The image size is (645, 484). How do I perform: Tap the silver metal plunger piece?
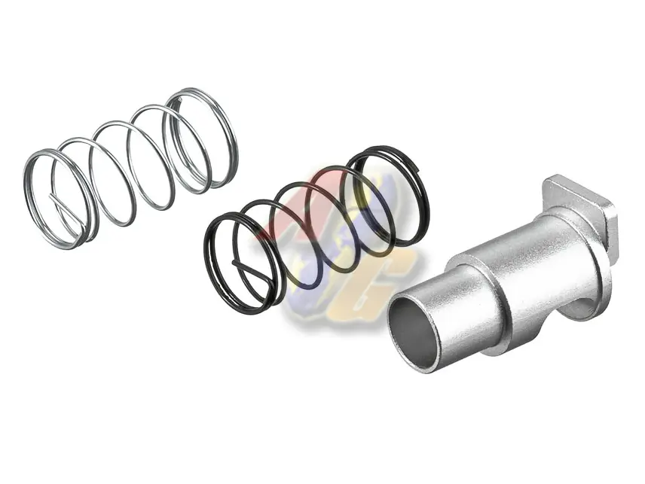[512, 279]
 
